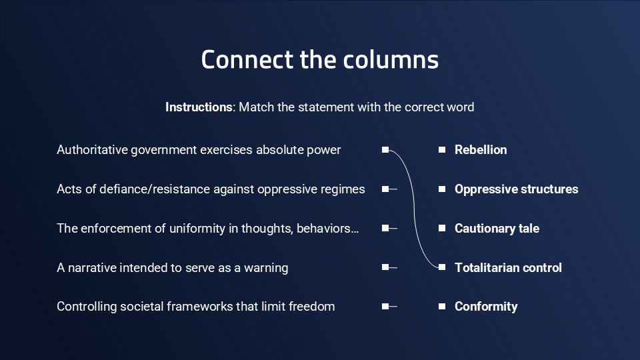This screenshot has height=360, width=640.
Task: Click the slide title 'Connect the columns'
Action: (x=320, y=59)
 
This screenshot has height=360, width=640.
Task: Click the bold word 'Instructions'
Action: (x=199, y=107)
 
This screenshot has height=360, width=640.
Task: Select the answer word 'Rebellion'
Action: (x=480, y=150)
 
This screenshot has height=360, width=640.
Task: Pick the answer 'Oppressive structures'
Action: (x=516, y=189)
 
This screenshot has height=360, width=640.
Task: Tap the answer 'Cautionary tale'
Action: (x=497, y=229)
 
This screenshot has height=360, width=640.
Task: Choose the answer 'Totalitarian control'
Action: (x=508, y=267)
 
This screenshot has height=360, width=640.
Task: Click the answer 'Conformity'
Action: (x=485, y=307)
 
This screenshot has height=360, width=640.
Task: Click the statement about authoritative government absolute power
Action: (x=199, y=150)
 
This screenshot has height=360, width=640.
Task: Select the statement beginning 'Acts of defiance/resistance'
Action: (x=211, y=189)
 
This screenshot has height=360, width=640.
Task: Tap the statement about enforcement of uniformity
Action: (x=208, y=229)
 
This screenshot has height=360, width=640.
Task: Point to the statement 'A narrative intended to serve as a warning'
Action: (x=172, y=267)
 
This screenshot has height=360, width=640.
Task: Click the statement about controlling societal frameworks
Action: (x=195, y=307)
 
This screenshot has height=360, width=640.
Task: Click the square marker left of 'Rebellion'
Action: (x=441, y=150)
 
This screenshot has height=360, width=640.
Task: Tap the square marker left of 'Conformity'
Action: (x=441, y=307)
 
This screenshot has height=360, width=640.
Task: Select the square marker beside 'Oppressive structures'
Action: (x=441, y=189)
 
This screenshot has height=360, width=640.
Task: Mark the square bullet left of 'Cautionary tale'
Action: (x=441, y=229)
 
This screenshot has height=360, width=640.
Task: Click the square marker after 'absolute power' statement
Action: (x=385, y=150)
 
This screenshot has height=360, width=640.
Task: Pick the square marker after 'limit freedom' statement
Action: (x=385, y=307)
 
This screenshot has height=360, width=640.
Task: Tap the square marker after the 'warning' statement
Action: (x=385, y=267)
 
